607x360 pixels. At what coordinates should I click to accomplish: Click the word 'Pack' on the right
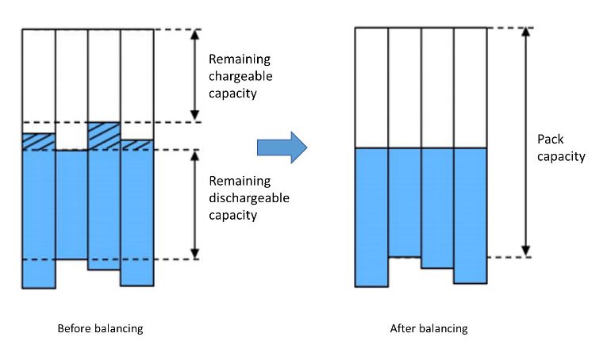pyautogui.click(x=550, y=140)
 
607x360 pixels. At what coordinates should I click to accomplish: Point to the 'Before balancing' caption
pyautogui.click(x=100, y=328)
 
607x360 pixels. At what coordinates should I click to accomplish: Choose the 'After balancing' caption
pyautogui.click(x=428, y=328)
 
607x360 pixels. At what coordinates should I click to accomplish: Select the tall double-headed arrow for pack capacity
pyautogui.click(x=525, y=143)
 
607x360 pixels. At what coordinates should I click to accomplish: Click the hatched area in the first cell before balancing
pyautogui.click(x=38, y=141)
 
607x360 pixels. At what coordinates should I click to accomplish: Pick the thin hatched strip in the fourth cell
pyautogui.click(x=136, y=145)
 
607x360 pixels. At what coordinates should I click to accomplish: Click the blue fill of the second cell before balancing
pyautogui.click(x=71, y=204)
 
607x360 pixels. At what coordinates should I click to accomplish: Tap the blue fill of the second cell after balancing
pyautogui.click(x=404, y=201)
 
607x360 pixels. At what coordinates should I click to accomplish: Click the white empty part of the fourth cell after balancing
pyautogui.click(x=470, y=87)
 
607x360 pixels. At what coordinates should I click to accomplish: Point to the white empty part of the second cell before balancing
pyautogui.click(x=71, y=87)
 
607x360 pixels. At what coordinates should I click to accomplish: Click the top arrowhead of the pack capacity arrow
pyautogui.click(x=525, y=33)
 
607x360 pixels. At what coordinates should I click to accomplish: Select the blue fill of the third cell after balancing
pyautogui.click(x=437, y=207)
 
